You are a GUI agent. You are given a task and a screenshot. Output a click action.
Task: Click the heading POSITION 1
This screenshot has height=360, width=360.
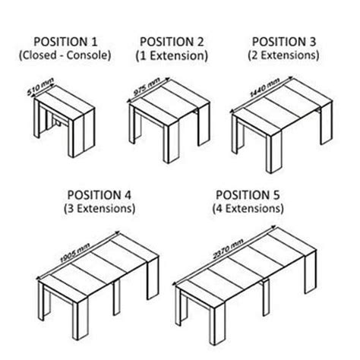[x=65, y=42]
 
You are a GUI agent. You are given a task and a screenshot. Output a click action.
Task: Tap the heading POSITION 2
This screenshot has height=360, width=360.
[x=172, y=42]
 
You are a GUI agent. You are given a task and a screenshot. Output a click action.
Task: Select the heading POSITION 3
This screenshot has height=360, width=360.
[x=284, y=42]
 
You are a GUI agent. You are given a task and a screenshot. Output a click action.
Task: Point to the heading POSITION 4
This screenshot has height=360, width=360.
[x=99, y=195]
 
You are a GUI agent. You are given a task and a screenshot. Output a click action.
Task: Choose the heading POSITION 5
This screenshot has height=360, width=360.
[x=248, y=195]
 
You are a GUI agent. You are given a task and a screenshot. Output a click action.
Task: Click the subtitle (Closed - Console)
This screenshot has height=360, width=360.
[x=65, y=55]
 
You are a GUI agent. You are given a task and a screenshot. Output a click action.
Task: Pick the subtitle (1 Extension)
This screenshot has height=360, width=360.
[x=172, y=55]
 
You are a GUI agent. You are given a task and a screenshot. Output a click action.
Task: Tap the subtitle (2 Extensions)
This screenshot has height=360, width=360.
[x=283, y=55]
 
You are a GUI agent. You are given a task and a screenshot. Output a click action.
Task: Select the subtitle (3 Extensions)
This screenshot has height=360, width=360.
[x=99, y=209]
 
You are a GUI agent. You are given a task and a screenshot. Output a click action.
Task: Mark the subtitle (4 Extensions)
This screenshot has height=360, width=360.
[x=248, y=209]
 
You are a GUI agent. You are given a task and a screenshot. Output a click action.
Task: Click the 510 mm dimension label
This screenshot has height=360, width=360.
[x=40, y=87]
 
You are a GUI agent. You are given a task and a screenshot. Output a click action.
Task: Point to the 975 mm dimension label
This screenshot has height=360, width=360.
[x=147, y=87]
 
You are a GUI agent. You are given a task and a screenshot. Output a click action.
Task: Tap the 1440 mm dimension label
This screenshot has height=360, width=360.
[x=264, y=87]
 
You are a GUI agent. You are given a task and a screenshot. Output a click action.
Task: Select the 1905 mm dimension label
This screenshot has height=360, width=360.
[x=75, y=253]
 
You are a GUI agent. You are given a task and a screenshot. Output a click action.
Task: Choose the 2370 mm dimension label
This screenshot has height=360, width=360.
[x=228, y=249]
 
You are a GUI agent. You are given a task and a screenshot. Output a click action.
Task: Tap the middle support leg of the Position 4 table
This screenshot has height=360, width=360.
[x=117, y=297]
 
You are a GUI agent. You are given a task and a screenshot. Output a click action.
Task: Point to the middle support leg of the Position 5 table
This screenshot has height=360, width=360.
[x=266, y=298]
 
